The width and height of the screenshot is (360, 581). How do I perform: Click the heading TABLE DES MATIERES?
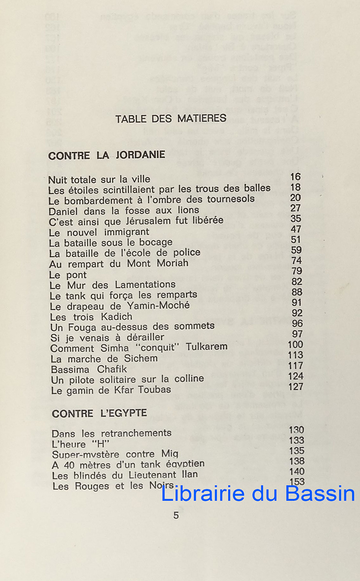tap(171, 119)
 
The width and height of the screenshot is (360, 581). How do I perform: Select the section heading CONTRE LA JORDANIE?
tap(107, 155)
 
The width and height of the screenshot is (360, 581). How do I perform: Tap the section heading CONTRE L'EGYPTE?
tap(99, 413)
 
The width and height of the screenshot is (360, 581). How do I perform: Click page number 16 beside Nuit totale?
tap(295, 177)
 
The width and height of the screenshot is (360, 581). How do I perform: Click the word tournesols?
tap(230, 199)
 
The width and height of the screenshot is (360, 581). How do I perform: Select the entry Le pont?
tap(68, 275)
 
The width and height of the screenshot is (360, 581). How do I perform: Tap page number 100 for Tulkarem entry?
tap(295, 345)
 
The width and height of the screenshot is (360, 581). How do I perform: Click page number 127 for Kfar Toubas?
tap(296, 386)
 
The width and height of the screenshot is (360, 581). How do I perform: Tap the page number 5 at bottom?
tap(176, 515)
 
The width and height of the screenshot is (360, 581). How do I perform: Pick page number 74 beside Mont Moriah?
tap(297, 260)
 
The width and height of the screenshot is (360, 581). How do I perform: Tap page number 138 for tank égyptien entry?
tap(297, 461)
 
